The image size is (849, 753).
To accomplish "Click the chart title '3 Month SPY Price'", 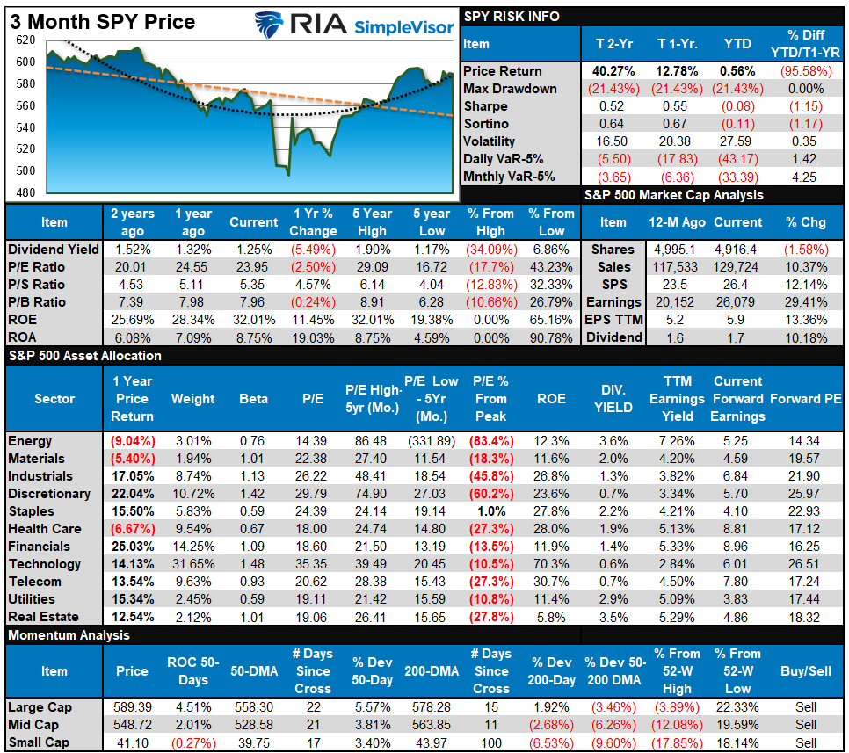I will point(103,21).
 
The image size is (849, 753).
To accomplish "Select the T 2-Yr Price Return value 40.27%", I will point(606,71).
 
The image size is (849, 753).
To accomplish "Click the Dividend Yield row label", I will point(54,250).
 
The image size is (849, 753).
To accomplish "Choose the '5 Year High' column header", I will point(372,222).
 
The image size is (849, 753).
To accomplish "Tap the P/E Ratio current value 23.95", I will point(254,267).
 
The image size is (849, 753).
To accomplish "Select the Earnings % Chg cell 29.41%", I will point(806,302).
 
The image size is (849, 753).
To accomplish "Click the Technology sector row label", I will point(44,564).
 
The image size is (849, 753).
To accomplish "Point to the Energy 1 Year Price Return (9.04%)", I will point(132,441).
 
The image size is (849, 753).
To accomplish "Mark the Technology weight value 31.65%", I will point(192,564).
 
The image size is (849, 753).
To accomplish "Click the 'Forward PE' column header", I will point(806,399).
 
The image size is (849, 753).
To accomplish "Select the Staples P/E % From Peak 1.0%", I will point(490,511).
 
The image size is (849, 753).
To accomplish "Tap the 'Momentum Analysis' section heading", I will point(69,635).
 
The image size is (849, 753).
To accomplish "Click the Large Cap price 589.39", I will point(132,707).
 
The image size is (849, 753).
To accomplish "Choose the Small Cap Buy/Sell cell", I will point(806,742).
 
